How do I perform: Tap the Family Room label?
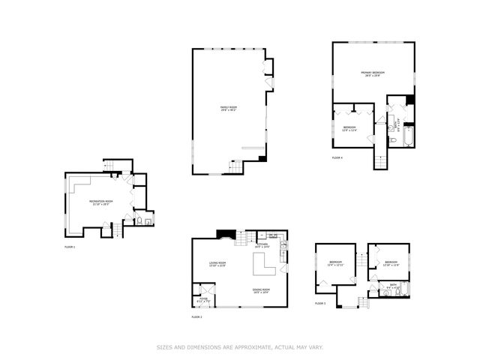(x=228, y=109)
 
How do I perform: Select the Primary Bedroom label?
(x=372, y=73)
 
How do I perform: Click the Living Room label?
(x=217, y=263)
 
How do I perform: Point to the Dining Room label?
(x=260, y=289)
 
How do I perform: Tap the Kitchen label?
(x=262, y=245)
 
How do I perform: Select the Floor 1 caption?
(x=69, y=246)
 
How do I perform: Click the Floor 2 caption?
(x=196, y=317)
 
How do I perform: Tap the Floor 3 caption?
(x=320, y=303)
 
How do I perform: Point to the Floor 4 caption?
(x=337, y=157)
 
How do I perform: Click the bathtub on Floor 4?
(x=409, y=138)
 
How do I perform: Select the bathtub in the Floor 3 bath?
(x=403, y=289)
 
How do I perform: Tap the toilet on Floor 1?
(x=139, y=221)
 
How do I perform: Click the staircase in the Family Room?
(x=235, y=167)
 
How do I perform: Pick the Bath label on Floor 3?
(x=393, y=285)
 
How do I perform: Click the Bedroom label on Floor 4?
(x=349, y=128)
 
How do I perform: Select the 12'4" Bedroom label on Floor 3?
(x=334, y=263)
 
